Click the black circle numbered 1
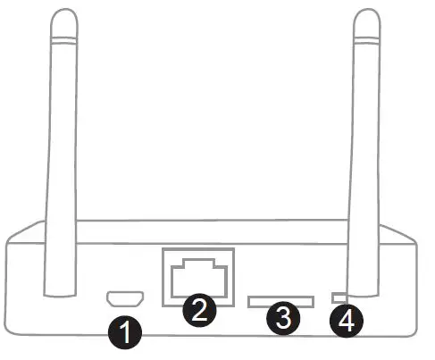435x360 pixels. click(126, 333)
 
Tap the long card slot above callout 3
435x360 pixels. click(280, 302)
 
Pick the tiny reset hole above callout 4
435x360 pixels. click(339, 296)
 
